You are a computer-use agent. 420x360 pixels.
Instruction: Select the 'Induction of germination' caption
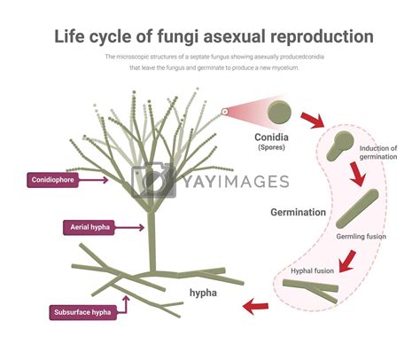point(379,153)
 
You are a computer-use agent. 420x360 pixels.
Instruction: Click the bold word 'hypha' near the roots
point(206,292)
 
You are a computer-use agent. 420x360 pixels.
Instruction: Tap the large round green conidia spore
point(281,112)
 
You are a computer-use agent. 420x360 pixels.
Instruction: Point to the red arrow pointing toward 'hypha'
point(256,307)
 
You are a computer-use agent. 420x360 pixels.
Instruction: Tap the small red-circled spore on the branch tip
point(225,112)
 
